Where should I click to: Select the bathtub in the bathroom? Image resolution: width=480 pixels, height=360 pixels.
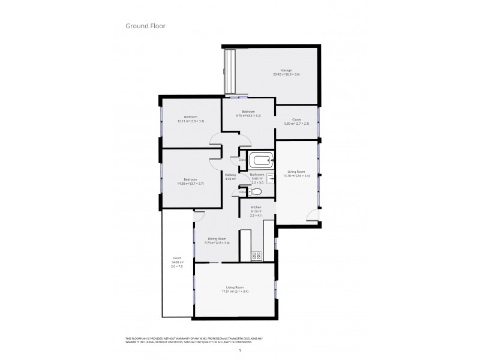click(x=262, y=160)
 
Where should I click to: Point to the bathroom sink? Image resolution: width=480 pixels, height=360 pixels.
click(x=270, y=178)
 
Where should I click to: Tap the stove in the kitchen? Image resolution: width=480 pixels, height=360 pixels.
click(x=256, y=256)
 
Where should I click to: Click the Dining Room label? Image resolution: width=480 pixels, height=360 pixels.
click(x=217, y=241)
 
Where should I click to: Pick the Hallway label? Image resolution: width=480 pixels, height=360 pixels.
click(x=230, y=176)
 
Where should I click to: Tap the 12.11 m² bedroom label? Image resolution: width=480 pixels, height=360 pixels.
click(x=191, y=119)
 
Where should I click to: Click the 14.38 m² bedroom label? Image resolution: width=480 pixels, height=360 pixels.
click(x=190, y=182)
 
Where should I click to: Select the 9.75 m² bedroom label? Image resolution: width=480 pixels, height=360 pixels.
click(x=248, y=114)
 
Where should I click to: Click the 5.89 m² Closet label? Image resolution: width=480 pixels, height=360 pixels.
click(x=296, y=121)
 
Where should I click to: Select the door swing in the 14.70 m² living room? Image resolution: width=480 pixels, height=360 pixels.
click(x=313, y=218)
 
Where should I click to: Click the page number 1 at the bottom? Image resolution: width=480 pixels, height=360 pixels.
click(x=240, y=350)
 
